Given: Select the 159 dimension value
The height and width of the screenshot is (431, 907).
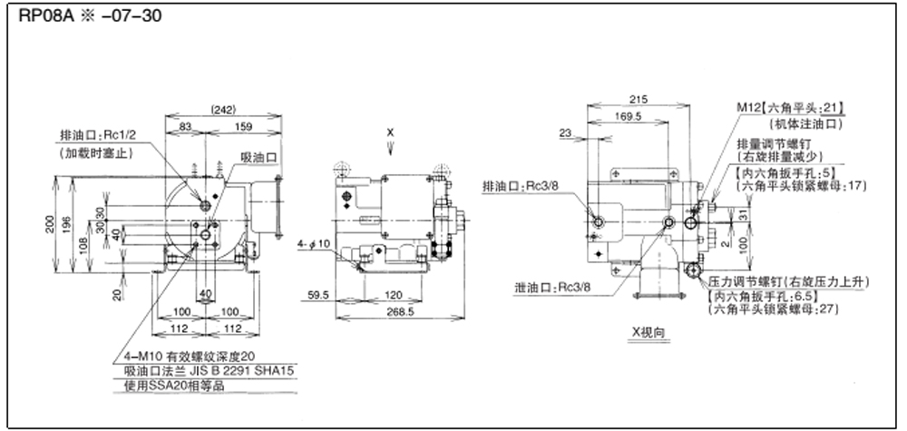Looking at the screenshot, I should click(244, 127).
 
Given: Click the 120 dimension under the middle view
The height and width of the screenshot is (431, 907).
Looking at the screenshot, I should click(392, 296).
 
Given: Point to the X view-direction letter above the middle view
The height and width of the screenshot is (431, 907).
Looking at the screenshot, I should click(390, 132).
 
